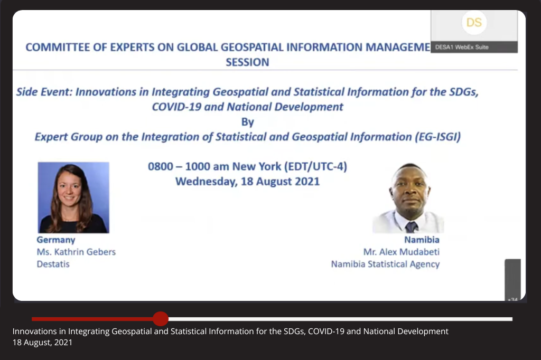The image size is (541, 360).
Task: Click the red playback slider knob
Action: (161, 319)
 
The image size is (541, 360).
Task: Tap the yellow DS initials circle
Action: (474, 22)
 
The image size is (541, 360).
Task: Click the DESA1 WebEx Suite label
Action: (462, 47)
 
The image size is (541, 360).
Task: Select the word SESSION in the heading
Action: (247, 62)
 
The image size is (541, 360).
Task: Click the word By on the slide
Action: (248, 122)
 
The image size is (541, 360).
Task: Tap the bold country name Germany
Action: (56, 240)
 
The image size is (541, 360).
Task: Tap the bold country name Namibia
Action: (422, 240)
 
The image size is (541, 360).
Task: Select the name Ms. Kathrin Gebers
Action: (76, 252)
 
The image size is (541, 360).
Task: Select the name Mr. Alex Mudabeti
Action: (402, 252)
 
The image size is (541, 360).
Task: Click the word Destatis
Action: (53, 264)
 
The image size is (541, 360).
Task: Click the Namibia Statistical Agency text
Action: (385, 264)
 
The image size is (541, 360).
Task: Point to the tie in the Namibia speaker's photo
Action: (411, 227)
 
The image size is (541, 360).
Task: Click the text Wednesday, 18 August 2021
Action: (247, 182)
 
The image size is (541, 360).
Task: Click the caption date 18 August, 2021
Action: (42, 343)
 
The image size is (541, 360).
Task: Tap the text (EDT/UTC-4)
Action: (315, 167)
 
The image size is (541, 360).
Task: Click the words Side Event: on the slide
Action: (44, 92)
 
